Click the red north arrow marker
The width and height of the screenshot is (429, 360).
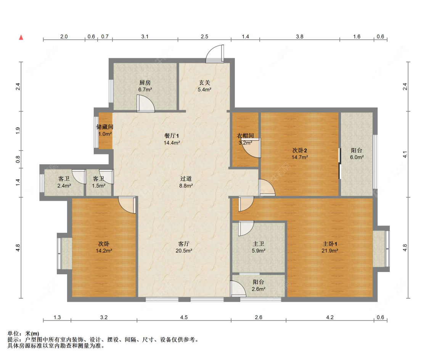[x=21, y=37]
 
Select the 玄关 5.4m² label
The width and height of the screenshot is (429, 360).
[x=204, y=86]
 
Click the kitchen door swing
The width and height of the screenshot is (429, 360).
[x=146, y=103]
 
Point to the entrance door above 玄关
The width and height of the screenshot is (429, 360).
[x=215, y=54]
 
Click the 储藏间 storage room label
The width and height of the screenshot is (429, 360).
[x=105, y=130]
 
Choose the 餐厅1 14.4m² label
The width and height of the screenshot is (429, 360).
[x=172, y=139]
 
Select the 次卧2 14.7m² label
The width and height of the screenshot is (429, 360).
[x=300, y=154]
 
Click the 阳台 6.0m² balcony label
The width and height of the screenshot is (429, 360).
[x=357, y=154]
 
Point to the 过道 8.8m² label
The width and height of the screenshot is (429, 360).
[x=186, y=182]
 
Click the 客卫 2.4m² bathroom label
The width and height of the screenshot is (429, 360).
[x=64, y=182]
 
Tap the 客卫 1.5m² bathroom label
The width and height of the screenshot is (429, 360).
[x=98, y=182]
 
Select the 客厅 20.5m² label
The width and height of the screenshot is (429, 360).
[x=184, y=247]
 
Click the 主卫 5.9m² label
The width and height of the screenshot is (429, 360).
[x=259, y=247]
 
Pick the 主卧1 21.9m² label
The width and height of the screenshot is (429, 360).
[x=330, y=247]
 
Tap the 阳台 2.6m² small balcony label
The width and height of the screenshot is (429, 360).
[x=259, y=285]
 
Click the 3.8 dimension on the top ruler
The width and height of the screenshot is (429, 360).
[x=300, y=37]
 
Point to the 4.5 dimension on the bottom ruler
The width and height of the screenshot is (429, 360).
[x=184, y=317]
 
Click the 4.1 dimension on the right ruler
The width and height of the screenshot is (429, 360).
[x=405, y=154]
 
